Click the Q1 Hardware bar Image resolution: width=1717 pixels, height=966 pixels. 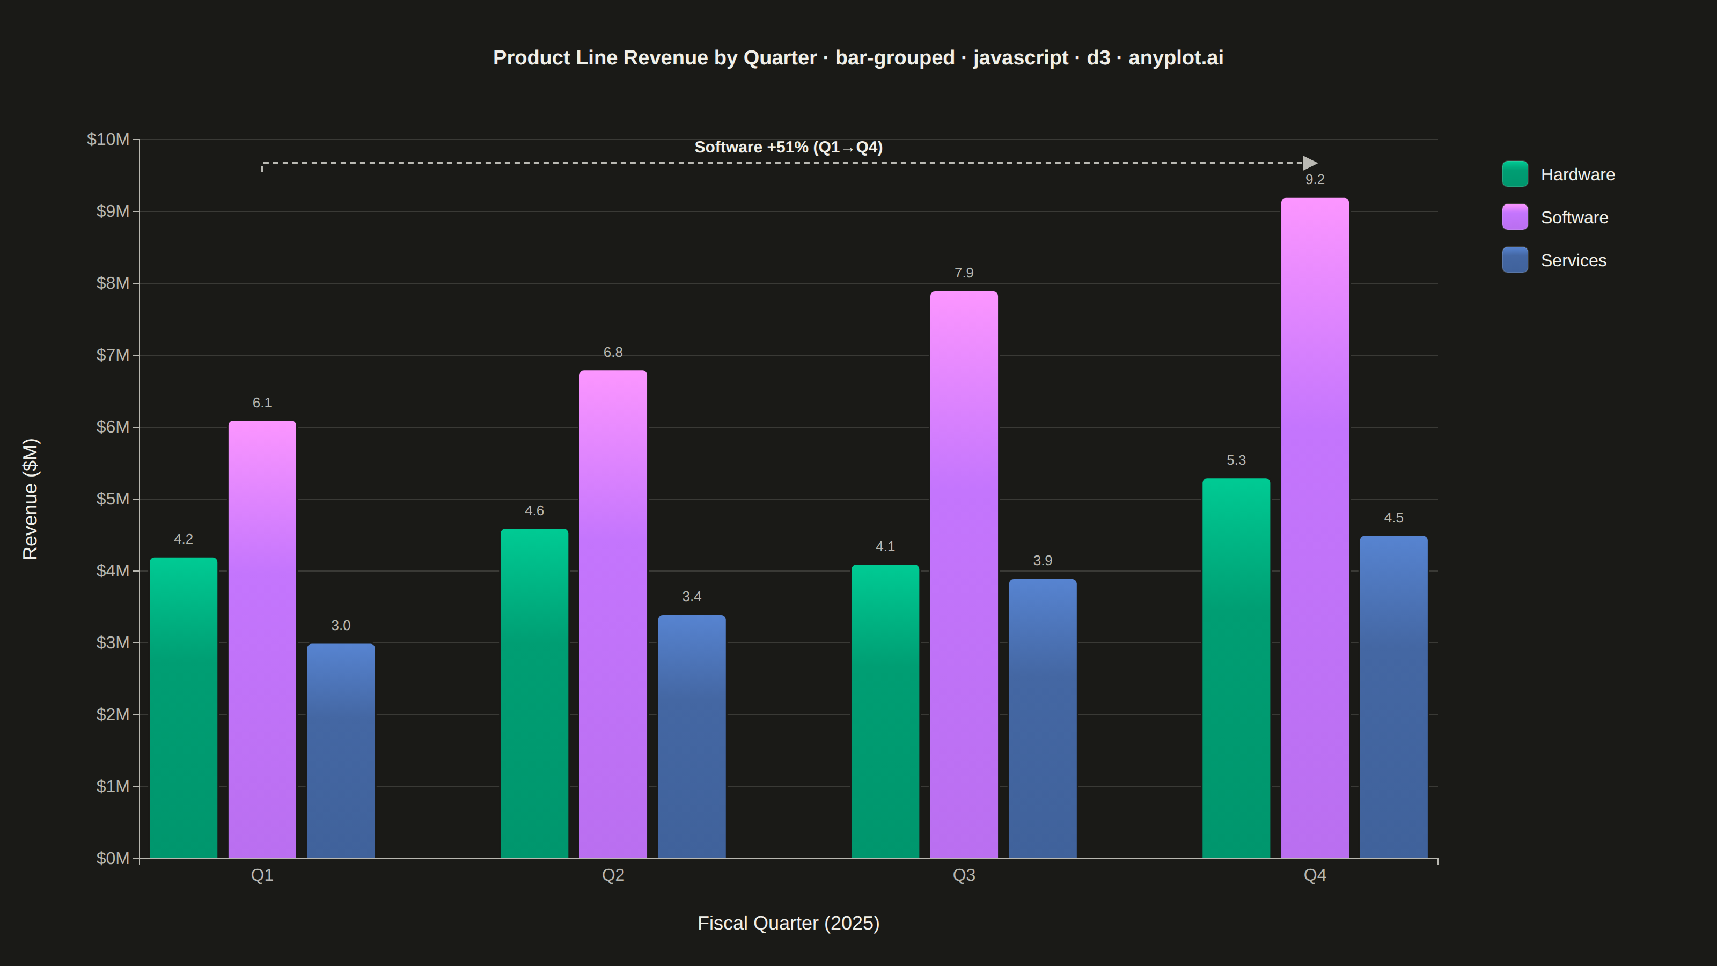(184, 707)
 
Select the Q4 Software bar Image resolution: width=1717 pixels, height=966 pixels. (1315, 528)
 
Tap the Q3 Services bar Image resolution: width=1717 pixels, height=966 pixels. (1043, 719)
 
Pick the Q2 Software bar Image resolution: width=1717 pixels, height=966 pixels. (613, 614)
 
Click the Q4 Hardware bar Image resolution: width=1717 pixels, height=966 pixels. (1236, 668)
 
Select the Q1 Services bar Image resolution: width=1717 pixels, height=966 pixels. (341, 751)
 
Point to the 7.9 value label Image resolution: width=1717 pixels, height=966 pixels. (964, 273)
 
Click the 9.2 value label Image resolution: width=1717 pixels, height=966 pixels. (1315, 180)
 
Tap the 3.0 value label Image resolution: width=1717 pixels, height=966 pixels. (341, 626)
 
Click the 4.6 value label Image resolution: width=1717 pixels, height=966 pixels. (534, 511)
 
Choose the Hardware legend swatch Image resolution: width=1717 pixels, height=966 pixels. (1514, 174)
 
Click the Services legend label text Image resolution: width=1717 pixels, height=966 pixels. (1573, 261)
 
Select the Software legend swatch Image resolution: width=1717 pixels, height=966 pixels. (1514, 217)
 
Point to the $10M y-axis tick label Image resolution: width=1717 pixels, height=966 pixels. (108, 140)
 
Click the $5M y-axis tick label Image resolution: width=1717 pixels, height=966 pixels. (113, 499)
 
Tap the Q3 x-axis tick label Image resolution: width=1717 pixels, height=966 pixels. (964, 875)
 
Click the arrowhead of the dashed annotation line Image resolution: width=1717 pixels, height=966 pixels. (1310, 163)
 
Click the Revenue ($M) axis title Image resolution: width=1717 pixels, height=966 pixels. (31, 499)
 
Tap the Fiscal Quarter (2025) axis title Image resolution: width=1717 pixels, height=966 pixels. (789, 923)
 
